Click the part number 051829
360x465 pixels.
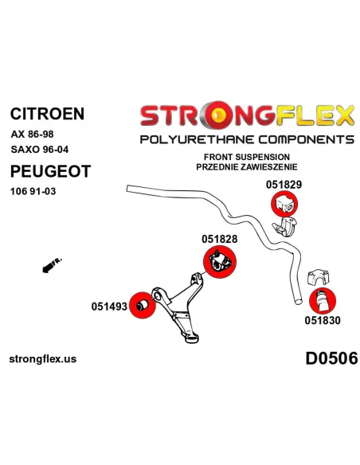click(284, 185)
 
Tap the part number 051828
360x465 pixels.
click(220, 239)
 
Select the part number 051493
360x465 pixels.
click(109, 307)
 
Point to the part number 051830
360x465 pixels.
click(323, 320)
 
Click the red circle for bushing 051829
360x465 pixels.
click(284, 204)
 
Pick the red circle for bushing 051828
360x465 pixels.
click(220, 262)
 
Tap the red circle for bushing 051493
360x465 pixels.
click(143, 305)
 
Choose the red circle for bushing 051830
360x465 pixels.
click(323, 301)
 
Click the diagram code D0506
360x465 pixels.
click(331, 358)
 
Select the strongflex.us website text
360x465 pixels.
click(43, 359)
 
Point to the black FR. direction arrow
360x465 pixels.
click(51, 265)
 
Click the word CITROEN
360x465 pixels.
click(48, 114)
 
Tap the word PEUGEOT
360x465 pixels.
click(50, 171)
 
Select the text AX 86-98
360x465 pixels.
click(33, 135)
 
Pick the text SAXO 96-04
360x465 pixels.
click(40, 149)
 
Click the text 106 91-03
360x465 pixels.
click(33, 191)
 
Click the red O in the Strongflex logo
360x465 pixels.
click(218, 115)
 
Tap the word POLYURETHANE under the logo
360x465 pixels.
click(198, 139)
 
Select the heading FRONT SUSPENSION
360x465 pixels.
click(247, 157)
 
